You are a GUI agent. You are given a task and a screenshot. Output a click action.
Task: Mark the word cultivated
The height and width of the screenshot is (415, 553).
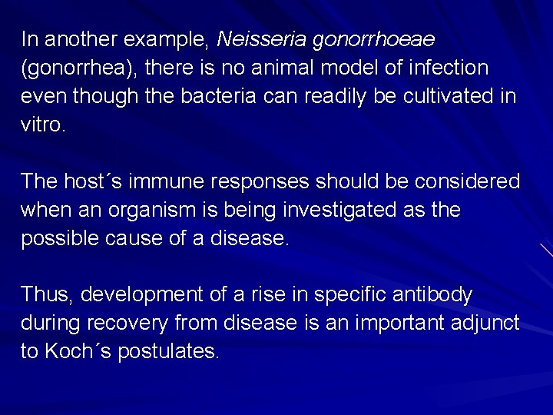point(441,97)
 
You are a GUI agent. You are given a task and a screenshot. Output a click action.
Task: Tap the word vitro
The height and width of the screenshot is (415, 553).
point(43,125)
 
